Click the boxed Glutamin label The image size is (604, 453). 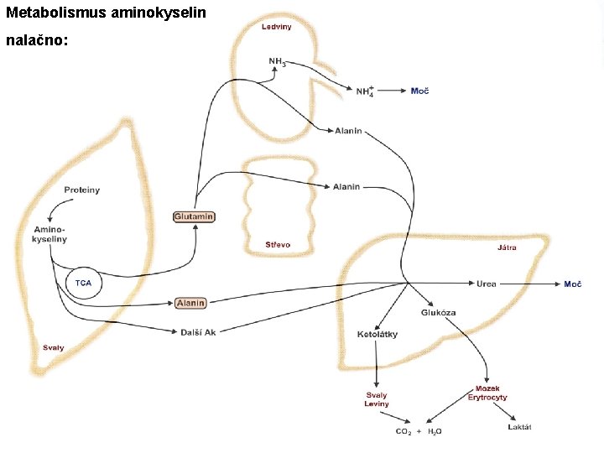click(194, 216)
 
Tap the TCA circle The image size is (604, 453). click(83, 283)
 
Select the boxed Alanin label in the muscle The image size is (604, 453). click(190, 303)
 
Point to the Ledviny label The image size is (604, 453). click(276, 26)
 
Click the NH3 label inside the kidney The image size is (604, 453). click(277, 61)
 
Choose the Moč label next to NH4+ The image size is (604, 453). click(419, 91)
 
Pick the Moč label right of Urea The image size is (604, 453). click(572, 284)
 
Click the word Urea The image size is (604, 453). click(487, 284)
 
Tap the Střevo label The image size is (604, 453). click(278, 245)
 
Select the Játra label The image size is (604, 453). click(507, 247)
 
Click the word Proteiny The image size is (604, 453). click(81, 190)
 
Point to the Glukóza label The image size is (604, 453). click(438, 313)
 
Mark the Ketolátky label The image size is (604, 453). click(377, 335)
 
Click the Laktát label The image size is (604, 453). click(519, 427)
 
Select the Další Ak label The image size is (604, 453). click(198, 332)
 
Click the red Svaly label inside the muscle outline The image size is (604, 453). click(54, 347)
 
